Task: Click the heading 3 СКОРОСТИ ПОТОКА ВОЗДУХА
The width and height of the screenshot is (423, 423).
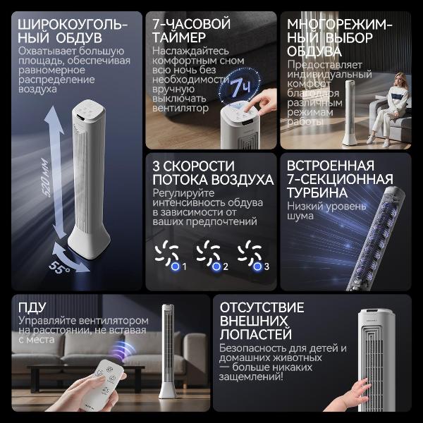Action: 211,172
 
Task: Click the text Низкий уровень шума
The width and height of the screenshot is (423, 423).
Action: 325,212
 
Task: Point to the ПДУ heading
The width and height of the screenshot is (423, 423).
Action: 32,307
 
